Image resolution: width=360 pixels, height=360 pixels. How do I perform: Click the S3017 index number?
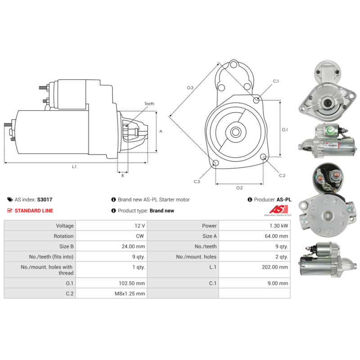point(45,199)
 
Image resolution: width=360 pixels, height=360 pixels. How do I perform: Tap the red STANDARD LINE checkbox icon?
point(10,211)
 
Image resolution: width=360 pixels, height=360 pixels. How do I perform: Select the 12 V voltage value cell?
point(140,225)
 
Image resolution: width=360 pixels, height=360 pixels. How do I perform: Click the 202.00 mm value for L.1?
point(277,267)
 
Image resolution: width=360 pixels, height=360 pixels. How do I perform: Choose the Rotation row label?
point(63,236)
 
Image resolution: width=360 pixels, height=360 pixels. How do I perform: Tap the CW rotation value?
point(141,236)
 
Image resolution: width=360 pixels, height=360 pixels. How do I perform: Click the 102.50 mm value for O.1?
point(134,283)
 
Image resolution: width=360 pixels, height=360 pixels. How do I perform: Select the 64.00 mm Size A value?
point(278,236)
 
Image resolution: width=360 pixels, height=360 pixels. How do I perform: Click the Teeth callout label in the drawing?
point(149,104)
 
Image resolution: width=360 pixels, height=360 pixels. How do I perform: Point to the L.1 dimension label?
point(74,167)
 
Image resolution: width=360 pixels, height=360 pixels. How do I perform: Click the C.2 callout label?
point(282,175)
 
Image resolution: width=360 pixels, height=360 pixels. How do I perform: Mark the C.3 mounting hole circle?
point(216,162)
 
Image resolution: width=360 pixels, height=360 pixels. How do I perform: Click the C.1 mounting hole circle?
point(256,100)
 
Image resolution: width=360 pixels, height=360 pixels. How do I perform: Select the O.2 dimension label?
point(239,188)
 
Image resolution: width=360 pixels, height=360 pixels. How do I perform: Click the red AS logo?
point(275,210)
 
